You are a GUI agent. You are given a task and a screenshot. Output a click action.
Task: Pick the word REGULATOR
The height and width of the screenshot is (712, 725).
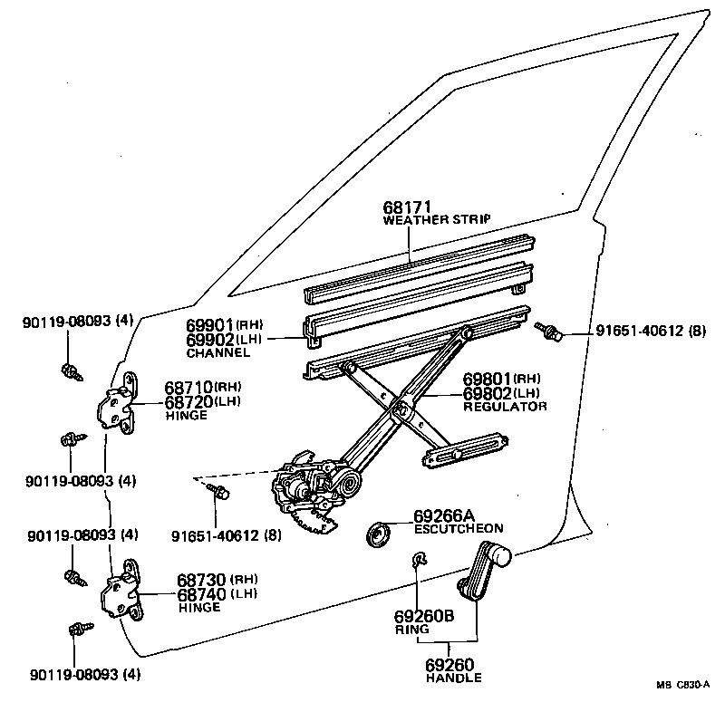pos(505,407)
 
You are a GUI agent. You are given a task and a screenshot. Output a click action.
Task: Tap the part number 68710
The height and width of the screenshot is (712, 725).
pos(188,387)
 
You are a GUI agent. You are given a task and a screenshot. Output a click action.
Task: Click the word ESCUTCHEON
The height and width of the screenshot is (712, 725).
pos(458,528)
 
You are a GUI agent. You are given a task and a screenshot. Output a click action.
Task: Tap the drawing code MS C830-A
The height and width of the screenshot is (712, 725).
pos(683,685)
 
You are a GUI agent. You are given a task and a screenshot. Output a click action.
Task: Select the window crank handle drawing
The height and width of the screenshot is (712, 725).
pos(482,572)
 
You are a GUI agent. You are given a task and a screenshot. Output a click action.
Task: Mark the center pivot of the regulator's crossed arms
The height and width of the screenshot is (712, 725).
pos(400,409)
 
